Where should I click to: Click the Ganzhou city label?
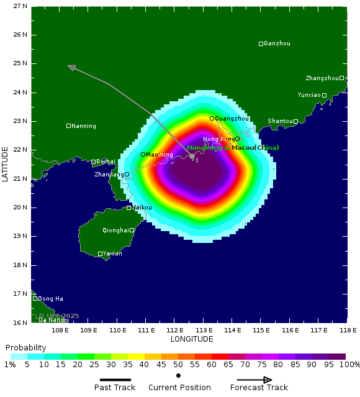tap(277, 43)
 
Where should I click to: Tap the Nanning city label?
tap(84, 126)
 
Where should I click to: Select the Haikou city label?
tap(142, 208)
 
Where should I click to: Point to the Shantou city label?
tap(280, 121)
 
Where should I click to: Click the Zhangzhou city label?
tap(322, 78)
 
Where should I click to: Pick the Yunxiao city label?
tap(309, 95)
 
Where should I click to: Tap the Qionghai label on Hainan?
tap(115, 230)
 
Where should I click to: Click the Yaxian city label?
tap(112, 253)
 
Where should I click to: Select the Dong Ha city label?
tap(50, 299)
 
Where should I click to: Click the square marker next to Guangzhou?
tap(212, 118)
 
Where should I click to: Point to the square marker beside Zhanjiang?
tap(127, 175)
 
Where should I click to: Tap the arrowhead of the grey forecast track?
tap(71, 67)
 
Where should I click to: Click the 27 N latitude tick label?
tap(20, 6)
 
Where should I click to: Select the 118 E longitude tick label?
tap(348, 330)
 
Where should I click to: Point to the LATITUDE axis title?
tap(6, 164)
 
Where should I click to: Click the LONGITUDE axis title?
tap(192, 339)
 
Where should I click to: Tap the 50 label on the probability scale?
tap(178, 364)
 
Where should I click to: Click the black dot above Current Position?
tap(178, 376)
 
